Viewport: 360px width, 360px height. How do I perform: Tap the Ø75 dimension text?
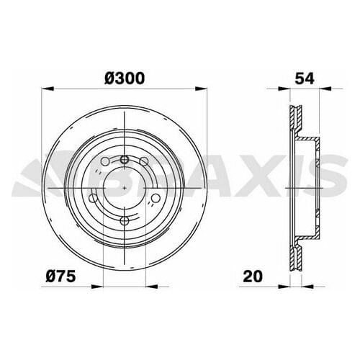(60, 276)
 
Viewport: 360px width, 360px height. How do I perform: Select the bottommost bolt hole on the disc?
(125, 220)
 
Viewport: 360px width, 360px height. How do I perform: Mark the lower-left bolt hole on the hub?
(94, 199)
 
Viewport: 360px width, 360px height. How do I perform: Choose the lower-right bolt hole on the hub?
(156, 199)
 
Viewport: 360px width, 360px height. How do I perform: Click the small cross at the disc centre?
(125, 188)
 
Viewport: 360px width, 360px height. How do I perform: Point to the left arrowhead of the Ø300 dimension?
(46, 89)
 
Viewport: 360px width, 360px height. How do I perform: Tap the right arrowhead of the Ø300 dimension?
(204, 89)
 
